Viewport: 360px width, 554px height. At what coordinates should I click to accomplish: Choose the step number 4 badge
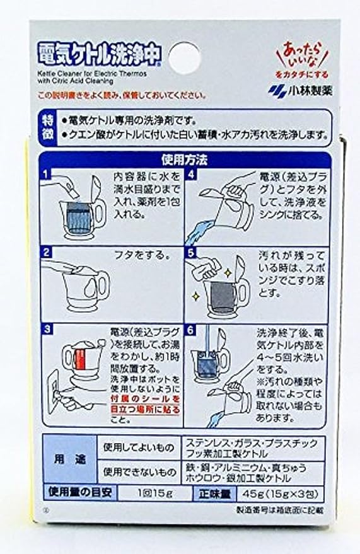coord(194,174)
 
